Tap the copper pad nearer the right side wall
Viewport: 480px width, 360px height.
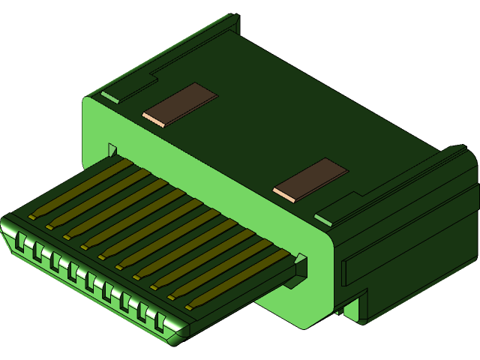click(x=310, y=180)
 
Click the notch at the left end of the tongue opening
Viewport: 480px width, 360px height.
click(x=112, y=149)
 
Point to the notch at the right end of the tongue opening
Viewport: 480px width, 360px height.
click(x=301, y=263)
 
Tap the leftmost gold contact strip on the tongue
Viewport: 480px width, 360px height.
click(x=75, y=188)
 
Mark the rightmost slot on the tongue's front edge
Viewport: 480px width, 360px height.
click(x=159, y=322)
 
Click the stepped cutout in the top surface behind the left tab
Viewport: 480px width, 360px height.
click(x=154, y=75)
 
